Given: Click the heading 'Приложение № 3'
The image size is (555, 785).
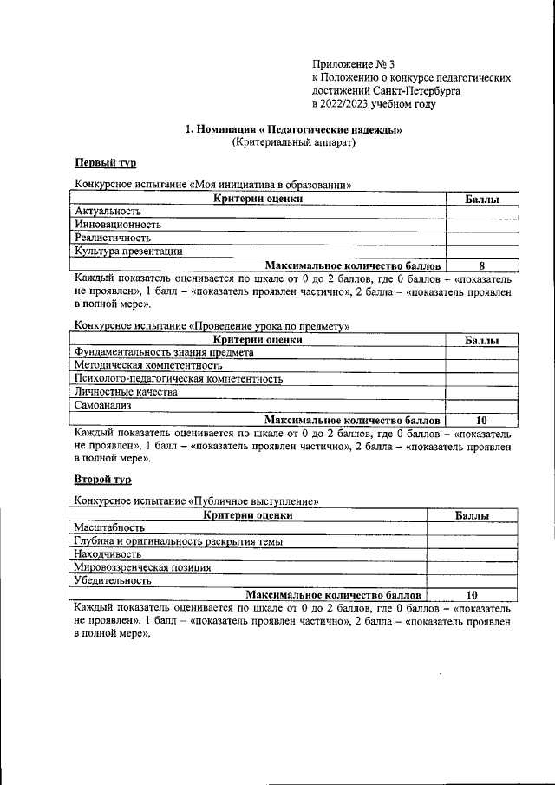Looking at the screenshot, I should tap(354, 64).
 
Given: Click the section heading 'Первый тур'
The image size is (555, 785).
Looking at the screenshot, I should tap(105, 163).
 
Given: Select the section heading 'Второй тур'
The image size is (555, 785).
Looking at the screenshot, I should tap(102, 479).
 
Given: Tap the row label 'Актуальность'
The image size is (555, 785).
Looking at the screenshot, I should tap(108, 211).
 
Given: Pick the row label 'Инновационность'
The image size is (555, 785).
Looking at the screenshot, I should tap(118, 224).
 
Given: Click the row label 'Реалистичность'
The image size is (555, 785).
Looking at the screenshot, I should tap(113, 237).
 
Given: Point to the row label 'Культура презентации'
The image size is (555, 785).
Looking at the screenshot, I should tap(128, 251).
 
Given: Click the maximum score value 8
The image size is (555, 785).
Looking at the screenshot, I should tap(481, 265).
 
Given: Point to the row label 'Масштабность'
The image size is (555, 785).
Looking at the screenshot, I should tap(109, 527).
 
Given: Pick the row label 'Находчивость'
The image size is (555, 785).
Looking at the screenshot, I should tap(108, 553).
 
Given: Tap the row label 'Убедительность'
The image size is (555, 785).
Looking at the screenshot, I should tap(113, 580).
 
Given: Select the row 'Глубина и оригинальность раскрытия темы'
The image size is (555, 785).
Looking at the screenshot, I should tap(179, 540).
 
